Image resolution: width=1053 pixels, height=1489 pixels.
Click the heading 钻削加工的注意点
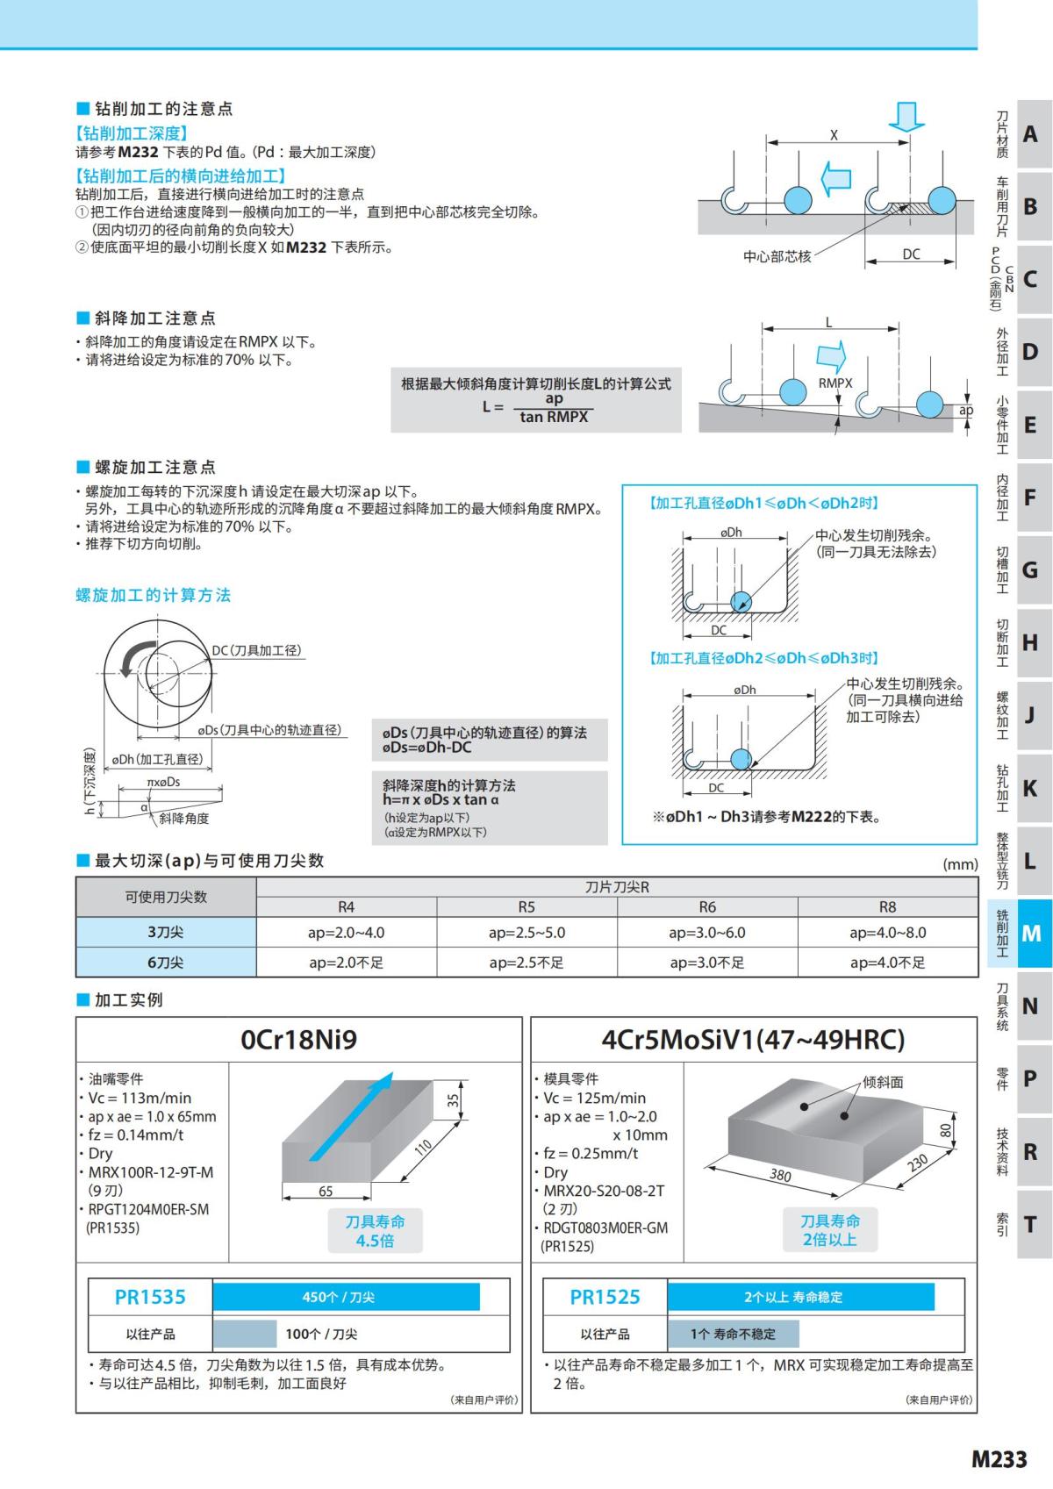163,109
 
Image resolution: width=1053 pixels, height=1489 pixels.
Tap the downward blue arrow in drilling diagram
906,116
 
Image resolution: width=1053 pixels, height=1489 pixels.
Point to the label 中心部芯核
777,256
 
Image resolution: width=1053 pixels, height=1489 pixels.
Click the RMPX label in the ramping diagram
835,383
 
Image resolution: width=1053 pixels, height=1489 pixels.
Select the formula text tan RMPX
554,418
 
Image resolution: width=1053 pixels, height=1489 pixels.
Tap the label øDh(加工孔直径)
157,759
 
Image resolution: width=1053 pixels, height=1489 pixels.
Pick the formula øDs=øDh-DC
426,748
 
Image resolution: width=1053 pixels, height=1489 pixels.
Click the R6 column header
707,907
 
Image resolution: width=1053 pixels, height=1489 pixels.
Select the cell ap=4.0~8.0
887,933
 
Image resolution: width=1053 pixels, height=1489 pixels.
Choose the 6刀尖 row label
165,963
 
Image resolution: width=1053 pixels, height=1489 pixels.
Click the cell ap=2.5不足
526,963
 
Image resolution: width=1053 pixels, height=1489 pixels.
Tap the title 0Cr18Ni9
299,1040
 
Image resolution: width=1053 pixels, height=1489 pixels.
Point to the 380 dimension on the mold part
780,1176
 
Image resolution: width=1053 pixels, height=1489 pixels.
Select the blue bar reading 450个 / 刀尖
346,1297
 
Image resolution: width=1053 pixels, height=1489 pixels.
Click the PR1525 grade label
605,1297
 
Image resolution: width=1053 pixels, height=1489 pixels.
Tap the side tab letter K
1030,788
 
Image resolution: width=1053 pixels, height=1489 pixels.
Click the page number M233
999,1459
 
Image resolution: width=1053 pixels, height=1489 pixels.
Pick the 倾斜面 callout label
883,1082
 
